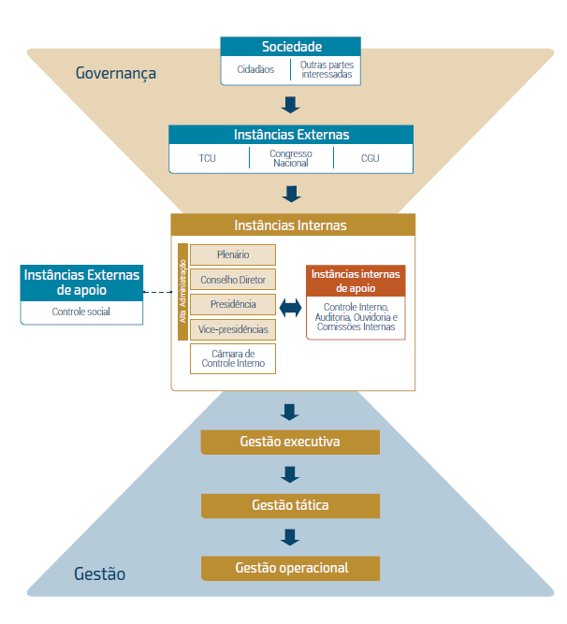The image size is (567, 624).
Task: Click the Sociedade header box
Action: [291, 47]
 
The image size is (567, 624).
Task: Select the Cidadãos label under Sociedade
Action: [255, 69]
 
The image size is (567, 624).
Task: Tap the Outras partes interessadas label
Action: [327, 69]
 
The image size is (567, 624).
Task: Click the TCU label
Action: [207, 158]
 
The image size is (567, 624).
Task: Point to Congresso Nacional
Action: [291, 157]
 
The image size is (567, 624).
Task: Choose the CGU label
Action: [371, 158]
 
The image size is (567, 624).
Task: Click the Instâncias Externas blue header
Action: [291, 135]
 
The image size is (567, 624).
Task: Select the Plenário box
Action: [233, 254]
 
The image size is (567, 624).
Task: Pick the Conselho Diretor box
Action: [233, 280]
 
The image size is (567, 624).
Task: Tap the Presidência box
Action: [233, 305]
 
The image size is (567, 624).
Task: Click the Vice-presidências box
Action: [233, 330]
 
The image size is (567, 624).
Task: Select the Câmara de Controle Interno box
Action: [233, 357]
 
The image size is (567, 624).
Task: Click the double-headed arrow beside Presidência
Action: [290, 306]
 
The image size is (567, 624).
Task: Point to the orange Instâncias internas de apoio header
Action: [356, 281]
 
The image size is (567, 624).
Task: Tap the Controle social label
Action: [81, 312]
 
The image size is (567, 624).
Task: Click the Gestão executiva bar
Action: [291, 442]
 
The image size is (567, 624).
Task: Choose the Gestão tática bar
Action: [291, 505]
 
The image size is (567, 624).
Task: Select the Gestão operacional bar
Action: [291, 568]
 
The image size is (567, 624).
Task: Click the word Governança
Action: [116, 73]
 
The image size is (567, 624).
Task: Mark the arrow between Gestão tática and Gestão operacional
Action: [290, 537]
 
